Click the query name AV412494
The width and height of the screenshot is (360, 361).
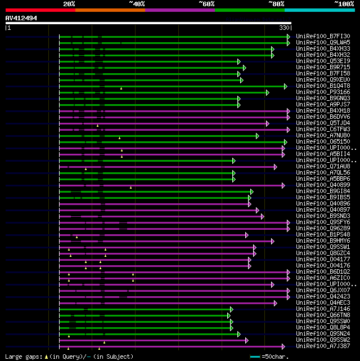tap(21, 18)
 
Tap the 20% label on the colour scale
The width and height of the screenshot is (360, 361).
tap(69, 3)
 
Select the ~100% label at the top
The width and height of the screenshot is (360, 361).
tap(344, 3)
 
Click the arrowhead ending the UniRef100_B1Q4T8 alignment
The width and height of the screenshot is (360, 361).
tap(286, 86)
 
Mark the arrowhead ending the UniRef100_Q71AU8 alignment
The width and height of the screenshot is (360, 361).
tap(276, 167)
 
